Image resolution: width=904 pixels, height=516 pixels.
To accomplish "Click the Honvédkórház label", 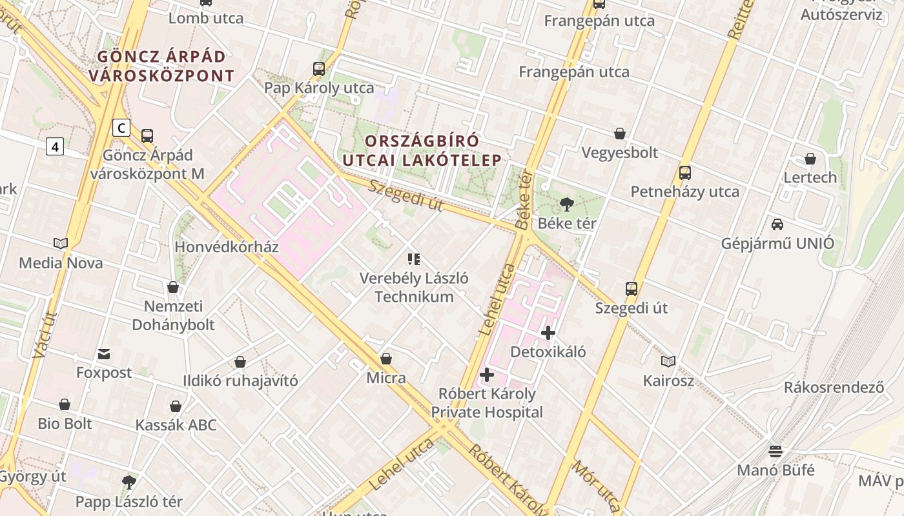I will coord(227,247).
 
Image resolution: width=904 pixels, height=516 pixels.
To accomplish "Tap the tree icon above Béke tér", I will coord(567,205).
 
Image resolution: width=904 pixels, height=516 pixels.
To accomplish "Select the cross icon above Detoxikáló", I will coord(548,333).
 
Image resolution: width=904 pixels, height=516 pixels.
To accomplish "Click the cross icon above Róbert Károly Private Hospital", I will coord(487,375).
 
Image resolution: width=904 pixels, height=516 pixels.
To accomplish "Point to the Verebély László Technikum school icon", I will coord(414,259).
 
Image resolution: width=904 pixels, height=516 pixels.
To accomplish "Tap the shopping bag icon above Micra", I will coord(386,359).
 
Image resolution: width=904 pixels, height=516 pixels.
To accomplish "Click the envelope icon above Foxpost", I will coord(104,354).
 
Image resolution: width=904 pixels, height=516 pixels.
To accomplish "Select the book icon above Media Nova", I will coord(61,244).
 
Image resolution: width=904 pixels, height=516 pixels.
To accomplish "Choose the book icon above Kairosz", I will coord(668,362).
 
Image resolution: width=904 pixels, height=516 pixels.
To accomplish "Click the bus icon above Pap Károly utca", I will coord(319,69).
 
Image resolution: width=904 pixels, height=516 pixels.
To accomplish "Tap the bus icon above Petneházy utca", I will coord(685,173).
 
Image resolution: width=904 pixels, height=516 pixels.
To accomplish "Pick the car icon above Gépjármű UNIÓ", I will coord(777,224).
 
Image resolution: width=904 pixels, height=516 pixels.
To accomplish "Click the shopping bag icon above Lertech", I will coord(810,159).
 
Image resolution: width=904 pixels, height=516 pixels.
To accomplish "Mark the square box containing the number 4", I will coord(55,147).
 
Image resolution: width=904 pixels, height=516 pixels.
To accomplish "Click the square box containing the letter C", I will coord(121,128).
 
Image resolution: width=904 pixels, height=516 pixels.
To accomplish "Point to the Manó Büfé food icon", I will coord(776,451).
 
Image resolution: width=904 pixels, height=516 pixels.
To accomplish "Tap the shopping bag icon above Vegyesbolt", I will coord(620,134).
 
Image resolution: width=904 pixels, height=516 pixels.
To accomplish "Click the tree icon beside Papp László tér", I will coord(129,482).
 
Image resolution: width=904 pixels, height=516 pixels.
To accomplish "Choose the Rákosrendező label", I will coord(834,388).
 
